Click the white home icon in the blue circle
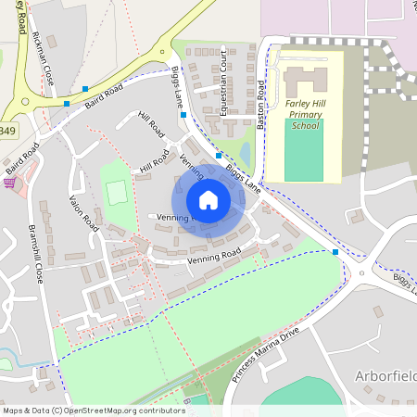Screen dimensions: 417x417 click(x=208, y=199)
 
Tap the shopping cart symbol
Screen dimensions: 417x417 click(x=10, y=183)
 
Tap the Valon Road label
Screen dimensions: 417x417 click(x=82, y=213)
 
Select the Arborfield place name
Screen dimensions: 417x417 click(x=385, y=375)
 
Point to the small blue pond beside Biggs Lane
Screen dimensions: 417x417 click(x=244, y=151)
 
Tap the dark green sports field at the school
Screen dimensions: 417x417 click(x=304, y=149)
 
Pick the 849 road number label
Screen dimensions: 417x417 click(x=7, y=132)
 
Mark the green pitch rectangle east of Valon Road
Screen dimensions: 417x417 click(x=115, y=193)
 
